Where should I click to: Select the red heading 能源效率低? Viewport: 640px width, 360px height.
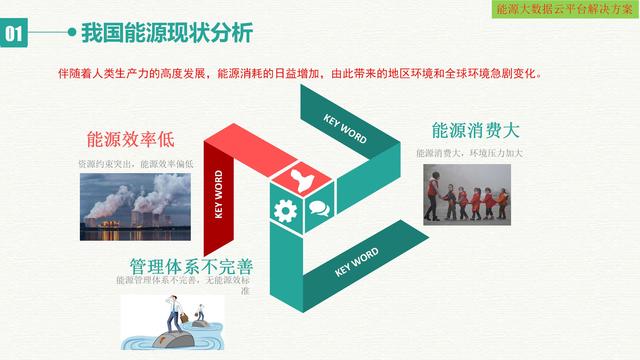click(x=130, y=138)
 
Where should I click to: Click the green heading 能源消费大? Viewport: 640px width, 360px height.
click(x=478, y=131)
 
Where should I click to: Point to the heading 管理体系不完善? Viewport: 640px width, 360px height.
click(x=191, y=266)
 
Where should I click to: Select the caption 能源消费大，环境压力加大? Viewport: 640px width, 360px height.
click(x=470, y=153)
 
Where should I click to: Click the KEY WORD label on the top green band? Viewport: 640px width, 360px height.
click(x=345, y=128)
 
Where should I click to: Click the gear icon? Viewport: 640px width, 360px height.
click(x=283, y=210)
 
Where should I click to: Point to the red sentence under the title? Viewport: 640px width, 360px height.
click(x=320, y=73)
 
